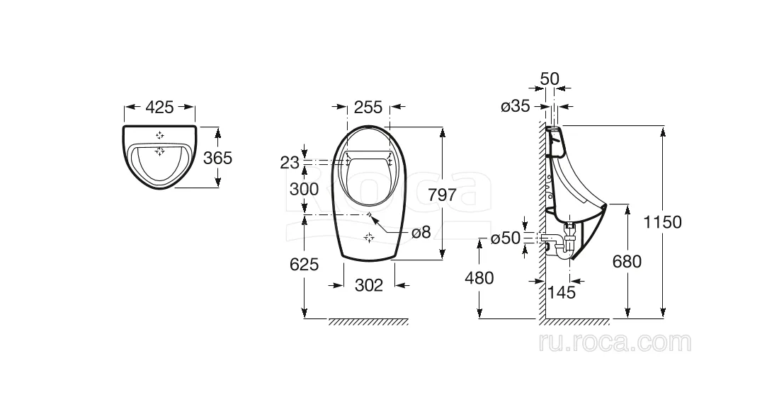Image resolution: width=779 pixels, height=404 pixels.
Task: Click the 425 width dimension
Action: pyautogui.click(x=159, y=107)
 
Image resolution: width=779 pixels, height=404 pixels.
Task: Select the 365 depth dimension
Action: pyautogui.click(x=217, y=158)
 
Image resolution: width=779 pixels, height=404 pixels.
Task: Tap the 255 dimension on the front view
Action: pyautogui.click(x=368, y=107)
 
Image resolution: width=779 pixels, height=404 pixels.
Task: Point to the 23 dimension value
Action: pyautogui.click(x=290, y=162)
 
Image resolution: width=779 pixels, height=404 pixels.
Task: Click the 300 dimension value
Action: pyautogui.click(x=304, y=189)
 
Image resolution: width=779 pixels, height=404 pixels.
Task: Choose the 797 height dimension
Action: pyautogui.click(x=442, y=195)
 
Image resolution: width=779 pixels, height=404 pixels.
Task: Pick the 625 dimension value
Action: pyautogui.click(x=304, y=264)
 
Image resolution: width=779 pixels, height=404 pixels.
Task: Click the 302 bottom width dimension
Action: pyautogui.click(x=369, y=285)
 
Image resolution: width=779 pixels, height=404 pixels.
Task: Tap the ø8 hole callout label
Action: pyautogui.click(x=421, y=232)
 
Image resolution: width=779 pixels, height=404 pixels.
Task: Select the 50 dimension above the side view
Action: pyautogui.click(x=550, y=79)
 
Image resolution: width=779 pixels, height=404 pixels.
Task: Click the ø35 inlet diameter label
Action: pyautogui.click(x=515, y=106)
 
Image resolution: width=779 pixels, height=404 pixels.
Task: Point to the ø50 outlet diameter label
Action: pyautogui.click(x=505, y=238)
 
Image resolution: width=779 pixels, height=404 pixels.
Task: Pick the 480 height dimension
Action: pyautogui.click(x=479, y=278)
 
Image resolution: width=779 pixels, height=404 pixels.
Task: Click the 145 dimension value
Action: pyautogui.click(x=562, y=292)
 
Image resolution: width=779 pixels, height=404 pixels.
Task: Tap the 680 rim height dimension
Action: pyautogui.click(x=627, y=261)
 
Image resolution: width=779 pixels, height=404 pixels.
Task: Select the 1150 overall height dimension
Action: pyautogui.click(x=662, y=222)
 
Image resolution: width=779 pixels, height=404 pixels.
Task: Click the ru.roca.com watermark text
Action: pyautogui.click(x=615, y=342)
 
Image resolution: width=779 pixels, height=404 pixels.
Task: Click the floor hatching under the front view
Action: pyautogui.click(x=368, y=322)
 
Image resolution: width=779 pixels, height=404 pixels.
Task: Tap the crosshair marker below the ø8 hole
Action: pyautogui.click(x=369, y=238)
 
